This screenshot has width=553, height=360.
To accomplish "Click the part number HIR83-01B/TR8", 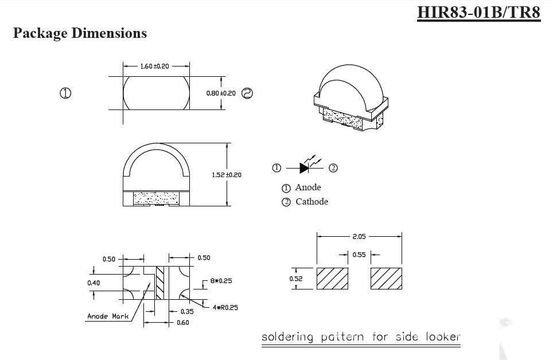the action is tap(478, 13).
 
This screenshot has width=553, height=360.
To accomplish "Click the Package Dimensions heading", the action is tap(80, 33).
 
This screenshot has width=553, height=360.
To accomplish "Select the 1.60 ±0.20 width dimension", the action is tap(154, 66).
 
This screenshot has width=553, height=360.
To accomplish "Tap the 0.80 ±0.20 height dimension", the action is tap(221, 93).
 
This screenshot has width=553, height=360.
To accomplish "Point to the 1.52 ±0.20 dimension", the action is tap(227, 175).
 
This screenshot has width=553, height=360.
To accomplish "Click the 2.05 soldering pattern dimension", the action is tap(359, 237).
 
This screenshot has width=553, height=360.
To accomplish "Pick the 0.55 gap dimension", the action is tap(359, 255).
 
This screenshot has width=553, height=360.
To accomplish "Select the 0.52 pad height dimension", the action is tap(296, 279).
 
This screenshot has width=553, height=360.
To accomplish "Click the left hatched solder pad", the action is tap(332, 279).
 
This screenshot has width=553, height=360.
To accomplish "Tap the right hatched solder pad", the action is tap(386, 279).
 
